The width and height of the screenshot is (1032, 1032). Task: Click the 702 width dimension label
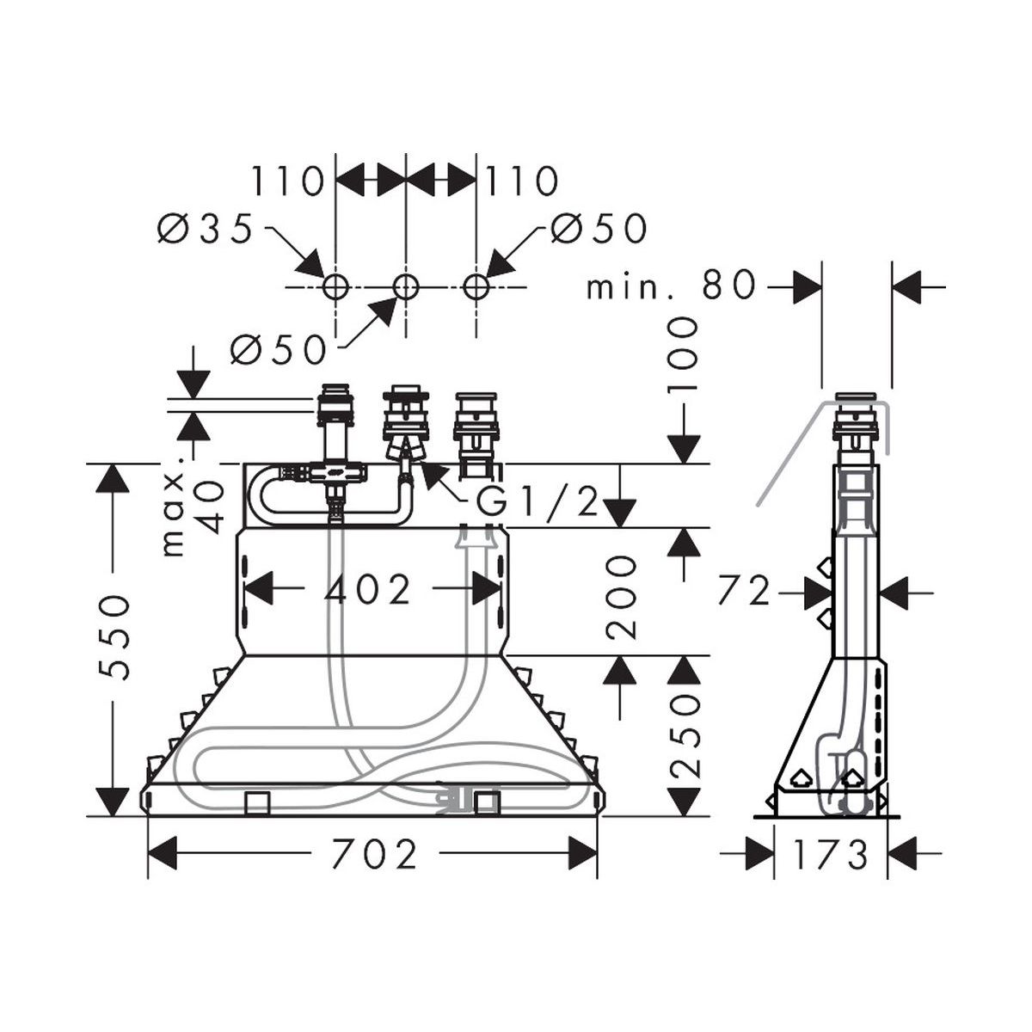pos(374,855)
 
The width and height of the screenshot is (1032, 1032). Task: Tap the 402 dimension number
pos(368,589)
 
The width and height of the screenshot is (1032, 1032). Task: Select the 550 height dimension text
pos(114,637)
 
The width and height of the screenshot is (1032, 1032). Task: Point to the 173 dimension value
pos(831,855)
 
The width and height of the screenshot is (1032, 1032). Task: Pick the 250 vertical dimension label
pos(684,735)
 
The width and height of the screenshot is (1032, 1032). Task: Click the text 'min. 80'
pos(671,286)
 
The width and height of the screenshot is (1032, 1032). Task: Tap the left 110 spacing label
pos(289,181)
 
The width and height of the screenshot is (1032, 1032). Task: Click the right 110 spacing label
pos(522,181)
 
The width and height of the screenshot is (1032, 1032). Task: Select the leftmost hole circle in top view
pos(335,287)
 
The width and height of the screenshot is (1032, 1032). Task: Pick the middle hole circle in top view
pos(405,287)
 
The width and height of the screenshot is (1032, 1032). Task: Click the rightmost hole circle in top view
pos(476,287)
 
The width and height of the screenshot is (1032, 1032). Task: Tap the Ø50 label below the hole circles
pos(278,350)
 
